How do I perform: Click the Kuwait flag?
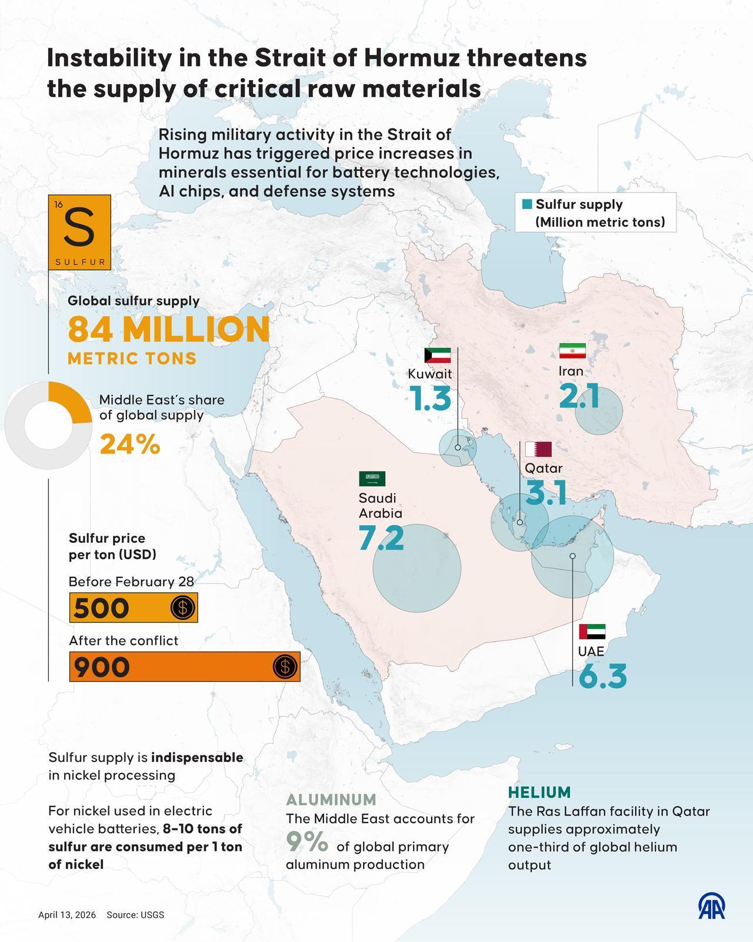(438, 355)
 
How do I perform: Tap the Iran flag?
(572, 351)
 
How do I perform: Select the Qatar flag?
(538, 449)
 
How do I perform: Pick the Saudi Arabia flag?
(372, 479)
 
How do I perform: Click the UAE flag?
(592, 632)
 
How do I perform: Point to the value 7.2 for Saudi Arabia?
(381, 538)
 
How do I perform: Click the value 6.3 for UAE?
(602, 676)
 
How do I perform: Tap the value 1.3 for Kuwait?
(431, 399)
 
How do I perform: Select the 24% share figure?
(130, 445)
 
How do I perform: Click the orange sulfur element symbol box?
(80, 233)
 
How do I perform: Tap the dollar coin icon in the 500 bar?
(182, 608)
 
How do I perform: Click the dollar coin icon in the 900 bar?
(285, 666)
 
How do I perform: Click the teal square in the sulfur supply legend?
(527, 204)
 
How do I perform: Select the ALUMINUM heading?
(331, 800)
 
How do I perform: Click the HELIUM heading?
(539, 792)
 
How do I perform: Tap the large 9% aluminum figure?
(307, 841)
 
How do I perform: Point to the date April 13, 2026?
(67, 915)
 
